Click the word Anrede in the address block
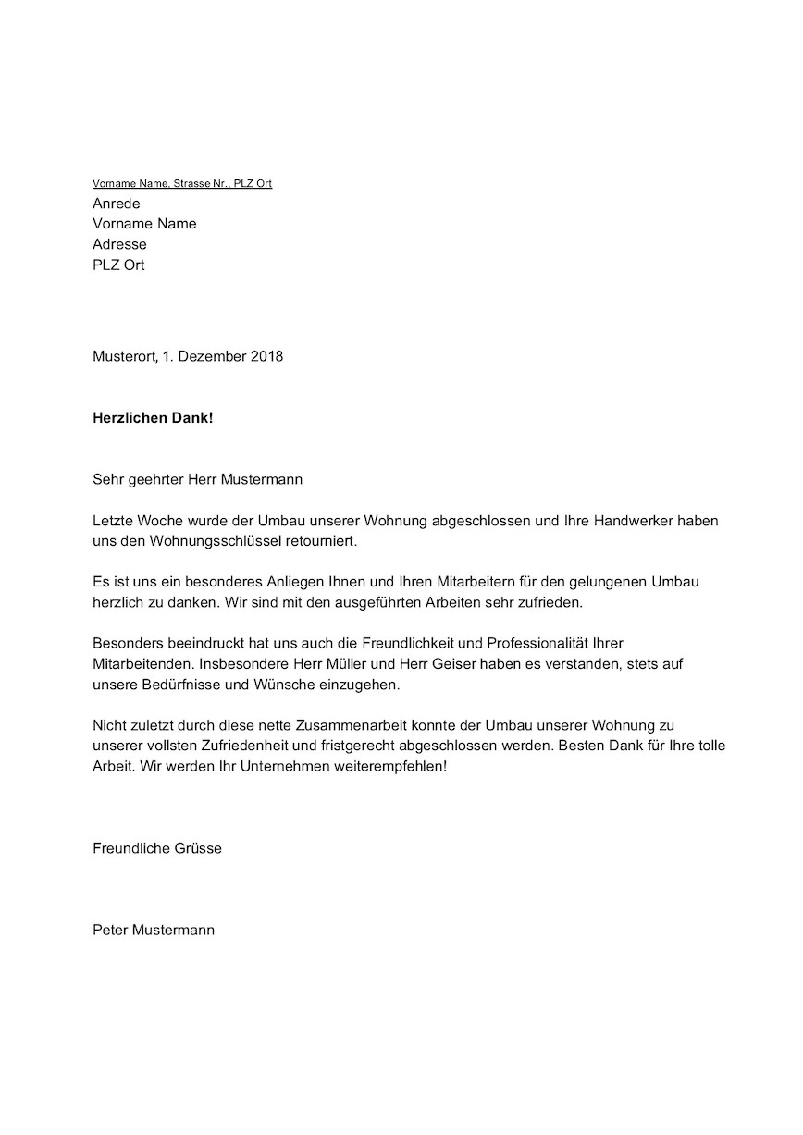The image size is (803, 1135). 117,204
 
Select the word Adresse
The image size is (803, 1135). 119,244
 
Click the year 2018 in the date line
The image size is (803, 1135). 266,356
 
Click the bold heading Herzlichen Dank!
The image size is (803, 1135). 153,418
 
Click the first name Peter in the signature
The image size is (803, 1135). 110,930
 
